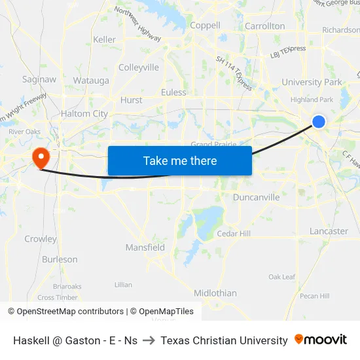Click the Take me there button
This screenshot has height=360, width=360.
pos(180,160)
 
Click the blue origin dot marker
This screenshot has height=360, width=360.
pos(319,121)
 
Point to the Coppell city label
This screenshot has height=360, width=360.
pos(205,26)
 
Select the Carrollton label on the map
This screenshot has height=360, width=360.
pos(264,26)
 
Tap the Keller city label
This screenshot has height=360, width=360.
pos(104,40)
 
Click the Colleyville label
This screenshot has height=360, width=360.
pos(139,67)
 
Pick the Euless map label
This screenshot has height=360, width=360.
pos(173,92)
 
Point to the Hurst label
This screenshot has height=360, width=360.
pos(132,100)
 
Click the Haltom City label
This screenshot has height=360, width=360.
pos(84,114)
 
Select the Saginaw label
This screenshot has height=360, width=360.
pos(39,79)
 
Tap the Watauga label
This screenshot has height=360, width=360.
pos(91,81)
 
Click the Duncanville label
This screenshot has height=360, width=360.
pos(256,197)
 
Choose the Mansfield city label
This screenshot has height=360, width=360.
pos(145,247)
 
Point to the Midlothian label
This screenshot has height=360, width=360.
pos(215,293)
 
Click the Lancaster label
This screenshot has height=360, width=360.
pos(329,231)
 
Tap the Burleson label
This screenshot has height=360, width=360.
pos(60,259)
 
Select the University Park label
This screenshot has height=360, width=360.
pos(312,82)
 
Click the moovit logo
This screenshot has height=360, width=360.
pos(321,340)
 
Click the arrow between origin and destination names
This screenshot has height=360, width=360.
pos(149,340)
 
